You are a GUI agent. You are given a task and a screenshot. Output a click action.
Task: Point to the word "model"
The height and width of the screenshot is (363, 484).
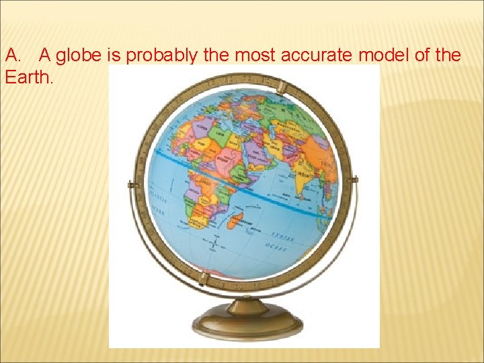[387, 55]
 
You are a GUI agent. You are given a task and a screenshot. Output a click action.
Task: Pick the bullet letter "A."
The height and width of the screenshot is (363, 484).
[13, 55]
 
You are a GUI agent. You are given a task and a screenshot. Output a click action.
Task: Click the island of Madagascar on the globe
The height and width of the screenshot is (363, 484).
[236, 219]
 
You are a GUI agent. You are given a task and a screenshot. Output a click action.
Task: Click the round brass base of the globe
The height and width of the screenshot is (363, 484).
[247, 327]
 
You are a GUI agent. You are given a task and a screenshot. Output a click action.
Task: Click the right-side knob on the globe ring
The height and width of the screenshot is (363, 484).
[354, 180]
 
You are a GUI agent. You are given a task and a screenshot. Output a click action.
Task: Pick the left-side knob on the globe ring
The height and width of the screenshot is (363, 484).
[132, 184]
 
